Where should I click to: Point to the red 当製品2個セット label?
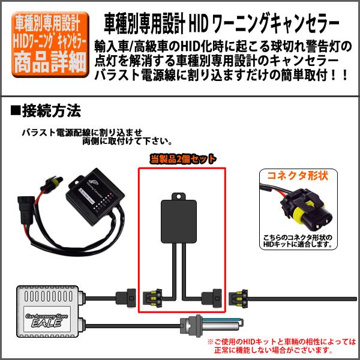[x=182, y=158]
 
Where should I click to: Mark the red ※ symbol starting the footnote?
[x=211, y=341]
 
